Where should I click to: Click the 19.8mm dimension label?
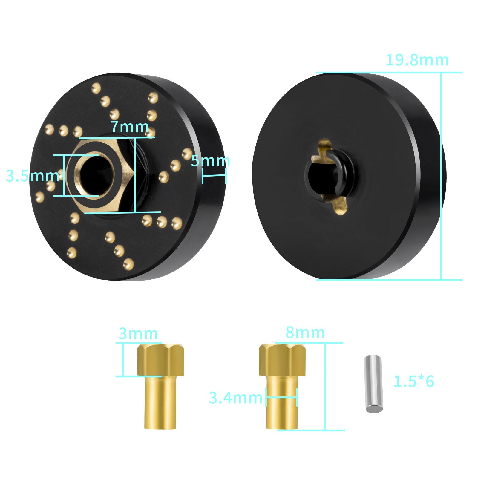[417, 60]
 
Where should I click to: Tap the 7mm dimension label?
[130, 127]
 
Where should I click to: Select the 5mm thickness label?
[210, 161]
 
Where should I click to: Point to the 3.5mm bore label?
[32, 176]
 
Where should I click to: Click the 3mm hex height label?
[138, 333]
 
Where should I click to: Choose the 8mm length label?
[305, 332]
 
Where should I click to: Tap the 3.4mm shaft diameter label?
[235, 398]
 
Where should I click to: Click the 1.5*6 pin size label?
[413, 382]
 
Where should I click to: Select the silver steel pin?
[373, 384]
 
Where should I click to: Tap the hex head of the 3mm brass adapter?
[160, 360]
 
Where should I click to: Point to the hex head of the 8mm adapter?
[282, 360]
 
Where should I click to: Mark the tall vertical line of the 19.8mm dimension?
[441, 176]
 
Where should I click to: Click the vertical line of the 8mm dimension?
[324, 387]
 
